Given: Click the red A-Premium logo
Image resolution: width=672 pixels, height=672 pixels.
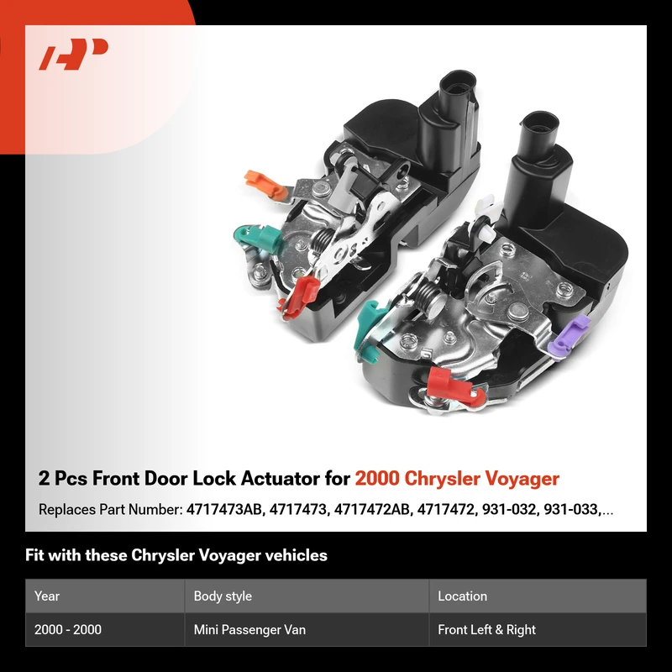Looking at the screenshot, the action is tap(73, 54).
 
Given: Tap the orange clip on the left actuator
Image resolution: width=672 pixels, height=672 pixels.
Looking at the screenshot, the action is tap(265, 185).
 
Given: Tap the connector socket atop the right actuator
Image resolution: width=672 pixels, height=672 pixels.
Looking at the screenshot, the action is tap(539, 123).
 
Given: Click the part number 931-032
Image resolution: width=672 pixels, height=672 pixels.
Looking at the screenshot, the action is tap(509, 509).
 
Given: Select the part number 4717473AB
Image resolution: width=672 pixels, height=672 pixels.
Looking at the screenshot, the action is tap(223, 509).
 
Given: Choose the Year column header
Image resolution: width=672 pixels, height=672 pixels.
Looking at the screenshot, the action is tap(47, 596).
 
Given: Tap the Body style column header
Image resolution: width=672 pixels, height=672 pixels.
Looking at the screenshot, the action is tap(223, 596).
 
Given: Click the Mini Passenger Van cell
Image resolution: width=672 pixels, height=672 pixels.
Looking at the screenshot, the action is tap(249, 629).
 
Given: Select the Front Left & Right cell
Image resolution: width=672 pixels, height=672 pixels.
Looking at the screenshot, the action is tap(487, 629).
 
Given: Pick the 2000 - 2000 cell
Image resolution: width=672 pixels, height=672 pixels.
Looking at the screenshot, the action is tap(68, 629).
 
